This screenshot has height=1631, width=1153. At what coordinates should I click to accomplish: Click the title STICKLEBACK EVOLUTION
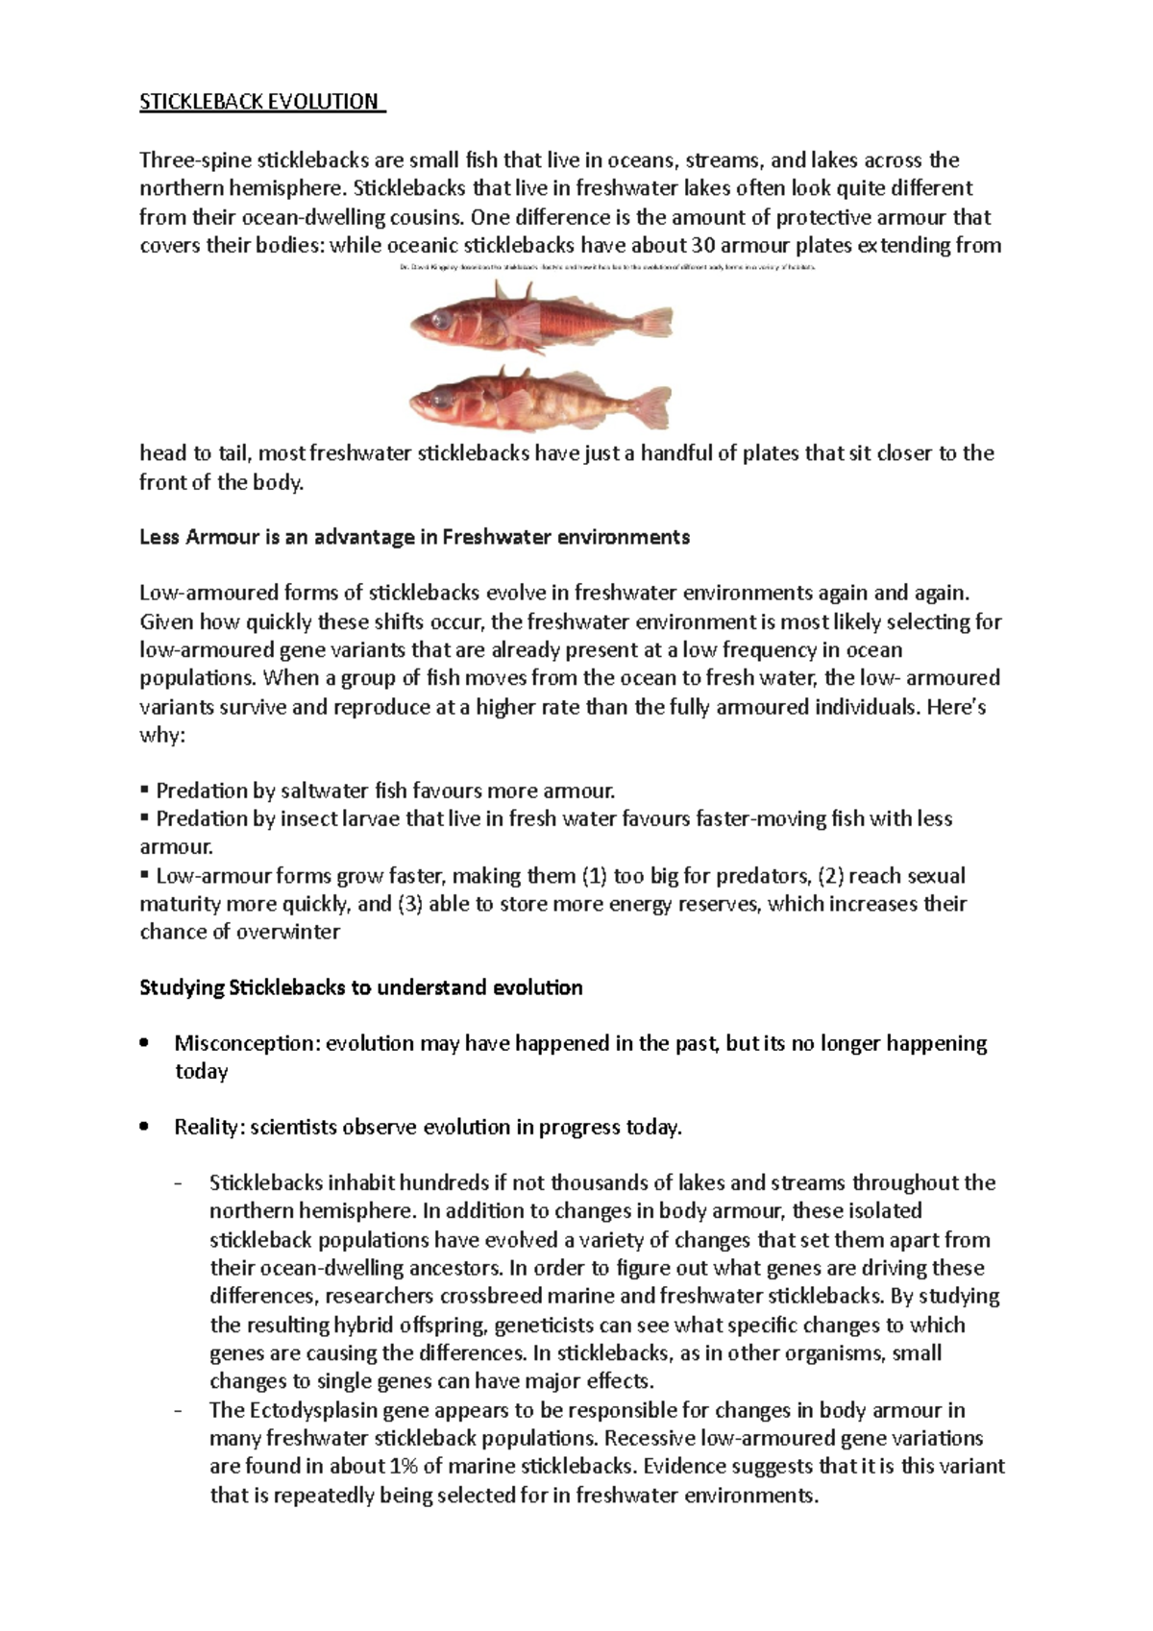260,103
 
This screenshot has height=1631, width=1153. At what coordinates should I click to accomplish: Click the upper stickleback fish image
539,318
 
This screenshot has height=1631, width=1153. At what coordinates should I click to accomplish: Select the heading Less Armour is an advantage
414,537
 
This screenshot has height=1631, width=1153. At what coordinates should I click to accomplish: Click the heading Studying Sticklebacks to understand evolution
360,987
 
